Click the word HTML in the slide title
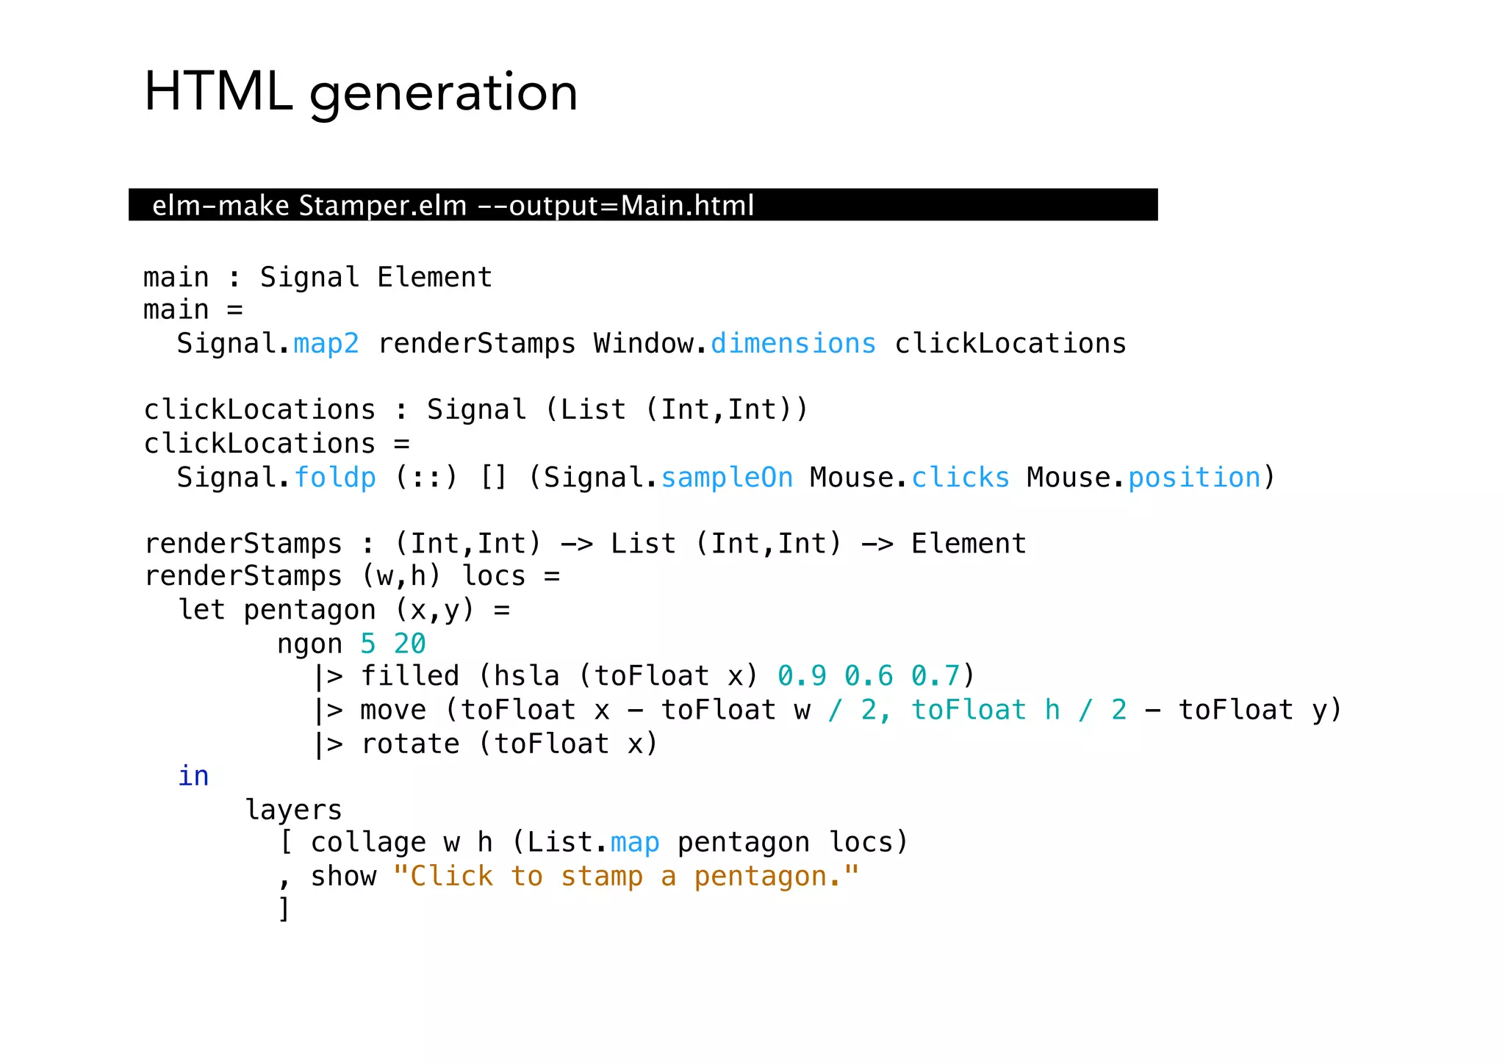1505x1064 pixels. point(218,92)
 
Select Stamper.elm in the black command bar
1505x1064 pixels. point(382,206)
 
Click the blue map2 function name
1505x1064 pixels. point(326,344)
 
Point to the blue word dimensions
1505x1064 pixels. point(793,344)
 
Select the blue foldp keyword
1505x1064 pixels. point(335,478)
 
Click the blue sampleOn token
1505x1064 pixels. point(727,478)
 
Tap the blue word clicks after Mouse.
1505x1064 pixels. point(960,478)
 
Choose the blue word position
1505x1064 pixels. point(1194,478)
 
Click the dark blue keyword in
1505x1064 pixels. point(193,776)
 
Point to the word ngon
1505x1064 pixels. point(309,644)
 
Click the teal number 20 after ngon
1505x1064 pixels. point(409,644)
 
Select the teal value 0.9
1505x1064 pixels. point(802,676)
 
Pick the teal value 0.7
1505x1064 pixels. point(935,676)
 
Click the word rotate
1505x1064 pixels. point(410,744)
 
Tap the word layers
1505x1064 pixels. point(293,810)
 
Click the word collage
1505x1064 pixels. point(368,843)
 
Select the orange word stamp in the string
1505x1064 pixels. point(602,877)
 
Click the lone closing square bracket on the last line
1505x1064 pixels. point(284,909)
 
